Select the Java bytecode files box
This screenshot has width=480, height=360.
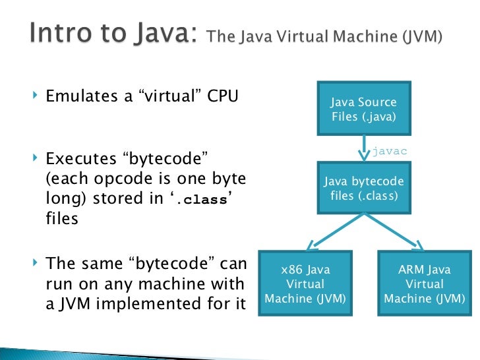363,189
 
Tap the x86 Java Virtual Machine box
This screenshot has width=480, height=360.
305,284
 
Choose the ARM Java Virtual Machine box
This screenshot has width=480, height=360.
425,284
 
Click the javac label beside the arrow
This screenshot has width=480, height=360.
390,151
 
